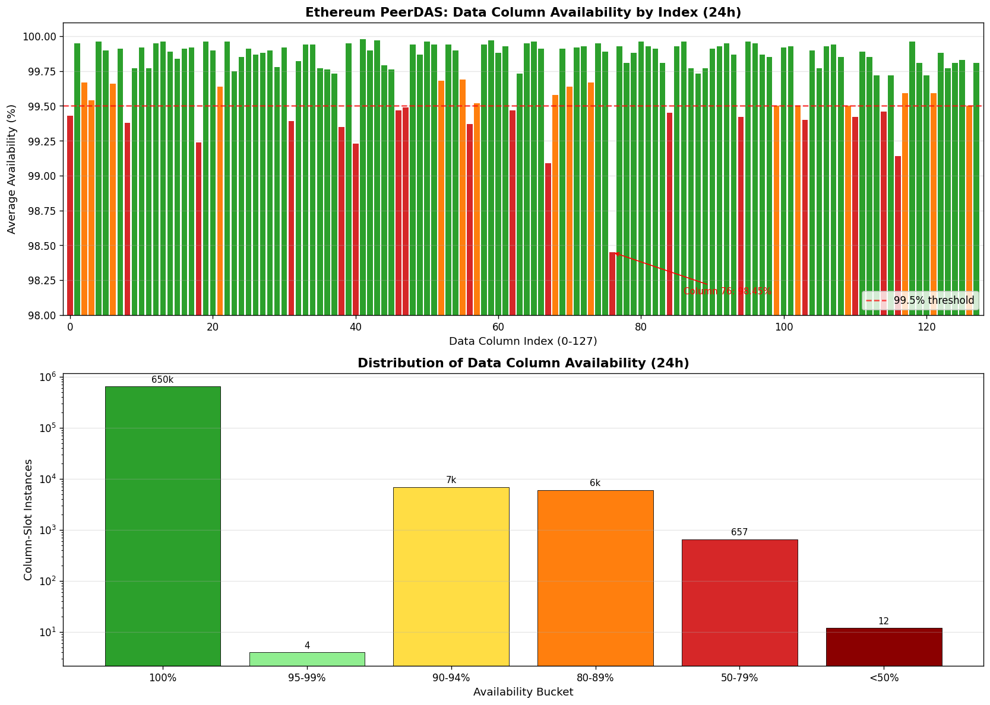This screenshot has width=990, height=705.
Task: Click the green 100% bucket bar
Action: [x=163, y=526]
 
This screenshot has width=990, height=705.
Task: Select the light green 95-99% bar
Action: [x=307, y=659]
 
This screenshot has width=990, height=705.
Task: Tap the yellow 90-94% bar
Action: [x=451, y=576]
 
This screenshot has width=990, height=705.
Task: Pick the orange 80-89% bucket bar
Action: [x=595, y=577]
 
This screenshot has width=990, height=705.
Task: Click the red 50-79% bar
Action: [x=739, y=602]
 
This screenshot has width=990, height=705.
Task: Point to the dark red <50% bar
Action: [x=884, y=646]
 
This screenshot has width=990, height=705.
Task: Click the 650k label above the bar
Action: [x=163, y=380]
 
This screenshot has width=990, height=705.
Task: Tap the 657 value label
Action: [x=739, y=532]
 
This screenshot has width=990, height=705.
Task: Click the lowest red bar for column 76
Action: [x=612, y=283]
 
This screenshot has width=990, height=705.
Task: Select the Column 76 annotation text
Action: [x=727, y=291]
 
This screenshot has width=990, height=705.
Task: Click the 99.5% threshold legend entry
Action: [x=920, y=301]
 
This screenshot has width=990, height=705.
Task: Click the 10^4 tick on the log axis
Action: [x=48, y=479]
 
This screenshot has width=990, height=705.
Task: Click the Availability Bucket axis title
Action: [x=523, y=692]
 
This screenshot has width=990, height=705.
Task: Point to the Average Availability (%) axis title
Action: [x=12, y=169]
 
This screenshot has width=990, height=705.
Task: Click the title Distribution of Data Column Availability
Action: [x=523, y=363]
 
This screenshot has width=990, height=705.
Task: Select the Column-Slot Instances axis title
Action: [x=28, y=519]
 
